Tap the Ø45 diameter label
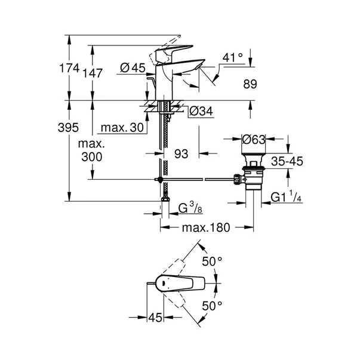point(133,69)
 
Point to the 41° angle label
point(233,59)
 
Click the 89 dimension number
point(251,85)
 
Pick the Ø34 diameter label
point(202,111)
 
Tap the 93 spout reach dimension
point(181,153)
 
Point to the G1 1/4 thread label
point(283,196)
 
